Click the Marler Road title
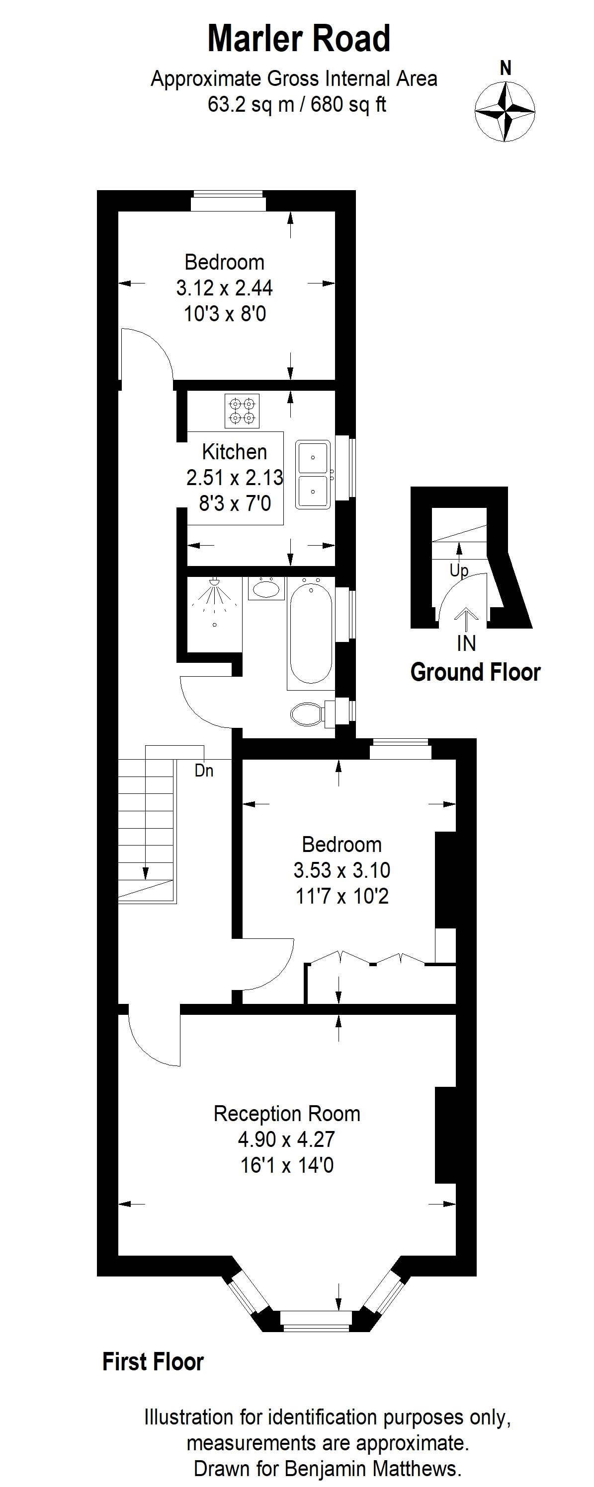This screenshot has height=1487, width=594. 299,39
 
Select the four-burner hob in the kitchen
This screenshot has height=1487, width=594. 242,411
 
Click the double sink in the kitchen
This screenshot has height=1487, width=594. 313,475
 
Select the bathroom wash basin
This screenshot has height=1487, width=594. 266,588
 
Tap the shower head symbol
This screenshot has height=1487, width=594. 215,582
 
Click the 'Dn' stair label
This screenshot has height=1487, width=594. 204,771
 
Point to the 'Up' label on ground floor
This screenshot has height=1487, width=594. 459,570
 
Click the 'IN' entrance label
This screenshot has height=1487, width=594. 466,643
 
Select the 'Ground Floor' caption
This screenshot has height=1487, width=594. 475,672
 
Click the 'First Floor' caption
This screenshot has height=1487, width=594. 153,1361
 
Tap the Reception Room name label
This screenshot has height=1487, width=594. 287,1113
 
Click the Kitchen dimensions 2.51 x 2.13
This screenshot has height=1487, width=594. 235,478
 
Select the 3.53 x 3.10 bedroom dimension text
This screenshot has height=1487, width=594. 341,869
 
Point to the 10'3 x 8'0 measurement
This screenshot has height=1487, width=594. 225,314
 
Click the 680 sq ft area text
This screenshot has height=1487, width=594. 348,104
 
